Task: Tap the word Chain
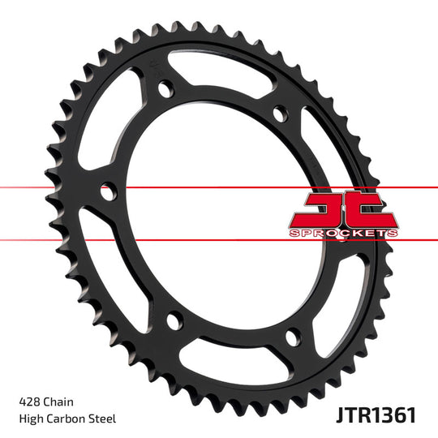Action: pos(58,402)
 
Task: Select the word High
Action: pos(31,419)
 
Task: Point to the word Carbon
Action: pos(66,419)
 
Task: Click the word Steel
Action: pos(102,419)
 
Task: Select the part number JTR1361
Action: pos(376,415)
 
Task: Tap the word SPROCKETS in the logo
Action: pos(344,233)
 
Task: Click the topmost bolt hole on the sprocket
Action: pos(165,88)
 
